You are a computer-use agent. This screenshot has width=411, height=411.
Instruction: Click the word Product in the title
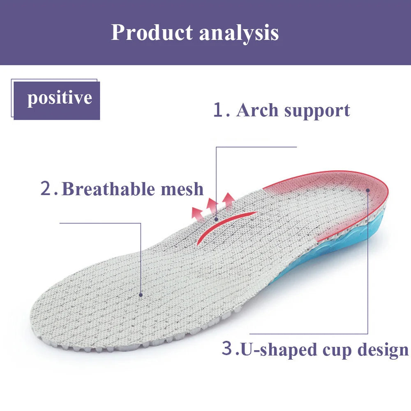pos(152,32)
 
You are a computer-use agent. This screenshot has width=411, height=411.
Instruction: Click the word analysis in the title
pos(239,33)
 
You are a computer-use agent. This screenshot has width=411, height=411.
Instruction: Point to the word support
pos(317,110)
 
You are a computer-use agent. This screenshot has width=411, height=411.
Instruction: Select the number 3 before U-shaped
pos(227,349)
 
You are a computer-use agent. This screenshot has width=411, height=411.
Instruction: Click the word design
pos(382,350)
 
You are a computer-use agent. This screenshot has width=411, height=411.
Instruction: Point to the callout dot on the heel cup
pos(368,190)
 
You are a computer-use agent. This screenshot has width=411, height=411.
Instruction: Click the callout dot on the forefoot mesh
pos(141,294)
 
